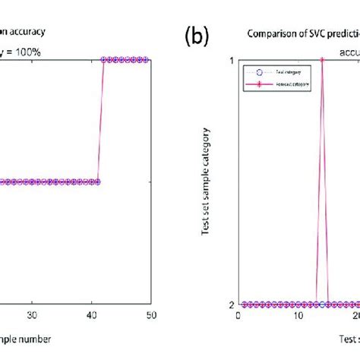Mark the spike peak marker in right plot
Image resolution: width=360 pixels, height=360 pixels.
point(322,59)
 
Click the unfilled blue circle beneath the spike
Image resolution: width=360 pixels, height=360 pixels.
point(322,304)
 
